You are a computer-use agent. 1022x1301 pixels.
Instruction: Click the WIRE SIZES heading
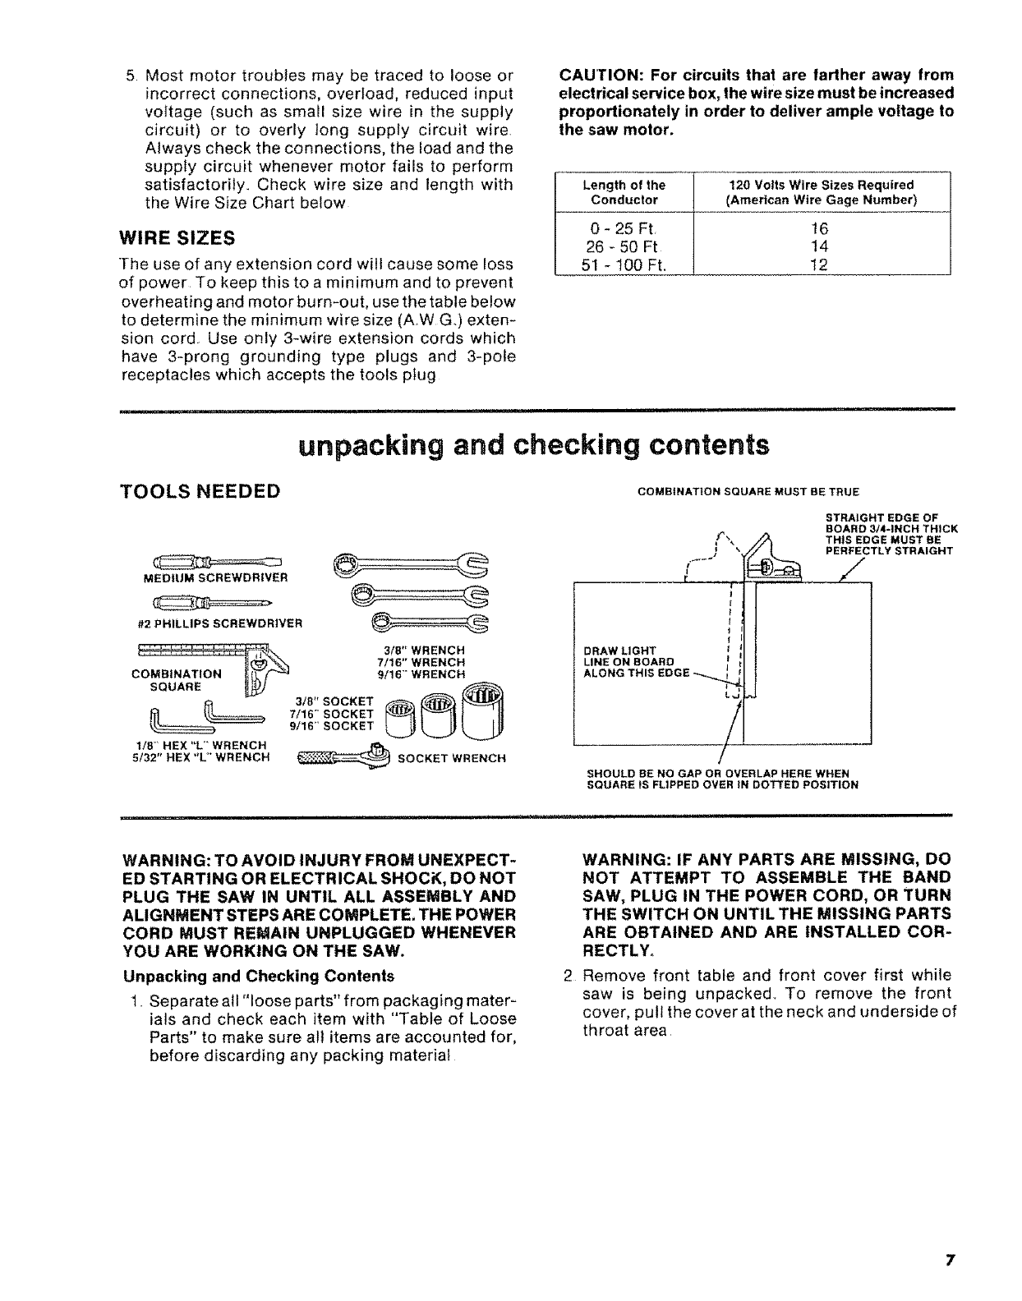177,238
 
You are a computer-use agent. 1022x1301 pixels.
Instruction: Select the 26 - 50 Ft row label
624,246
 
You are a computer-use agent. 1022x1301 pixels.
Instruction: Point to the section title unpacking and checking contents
535,446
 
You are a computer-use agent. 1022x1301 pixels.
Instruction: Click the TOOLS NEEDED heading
200,491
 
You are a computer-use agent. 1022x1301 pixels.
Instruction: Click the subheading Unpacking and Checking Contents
258,976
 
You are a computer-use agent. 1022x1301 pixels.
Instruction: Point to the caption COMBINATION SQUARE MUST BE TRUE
748,492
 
